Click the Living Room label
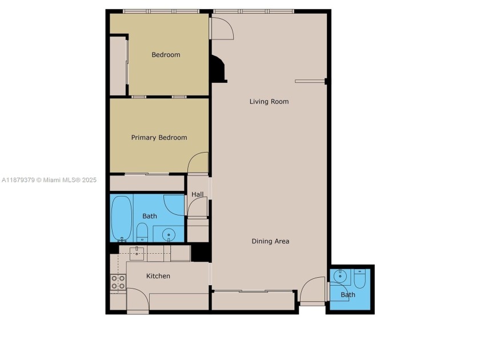pyautogui.click(x=269, y=102)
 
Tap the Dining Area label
pyautogui.click(x=270, y=241)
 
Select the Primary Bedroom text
pyautogui.click(x=159, y=138)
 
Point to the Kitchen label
pyautogui.click(x=158, y=276)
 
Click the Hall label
pyautogui.click(x=197, y=195)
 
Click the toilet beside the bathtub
pyautogui.click(x=143, y=231)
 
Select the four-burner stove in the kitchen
pyautogui.click(x=118, y=282)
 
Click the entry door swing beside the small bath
pyautogui.click(x=311, y=291)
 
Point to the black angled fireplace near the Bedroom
pyautogui.click(x=218, y=69)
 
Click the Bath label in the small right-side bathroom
pyautogui.click(x=348, y=295)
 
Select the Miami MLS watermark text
pyautogui.click(x=49, y=180)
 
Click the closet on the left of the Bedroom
pyautogui.click(x=118, y=66)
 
